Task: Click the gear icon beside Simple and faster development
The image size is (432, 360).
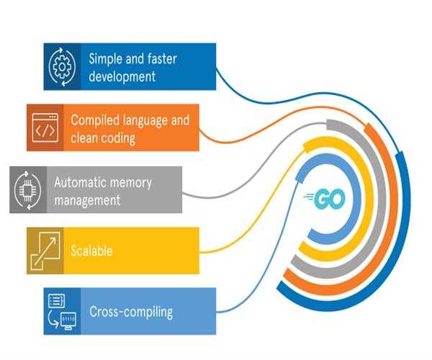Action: tap(62, 66)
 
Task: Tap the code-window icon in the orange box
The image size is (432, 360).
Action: tap(45, 127)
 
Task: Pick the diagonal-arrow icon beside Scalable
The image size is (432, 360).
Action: tap(45, 251)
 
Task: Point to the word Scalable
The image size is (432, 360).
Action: tap(91, 251)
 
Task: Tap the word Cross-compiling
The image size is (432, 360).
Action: tap(131, 312)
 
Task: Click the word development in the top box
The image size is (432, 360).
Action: tap(122, 76)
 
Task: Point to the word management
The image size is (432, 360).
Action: tap(87, 200)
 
